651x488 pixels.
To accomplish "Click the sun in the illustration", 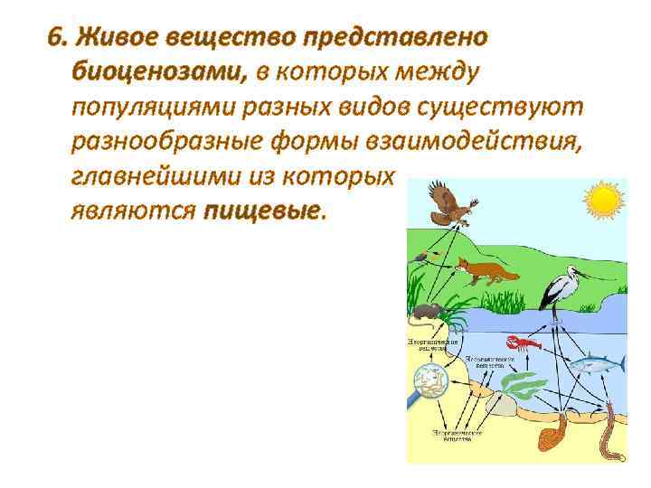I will tap(603, 199).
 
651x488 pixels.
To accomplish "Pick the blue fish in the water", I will tap(598, 362).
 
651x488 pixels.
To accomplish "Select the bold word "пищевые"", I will tap(262, 211).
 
